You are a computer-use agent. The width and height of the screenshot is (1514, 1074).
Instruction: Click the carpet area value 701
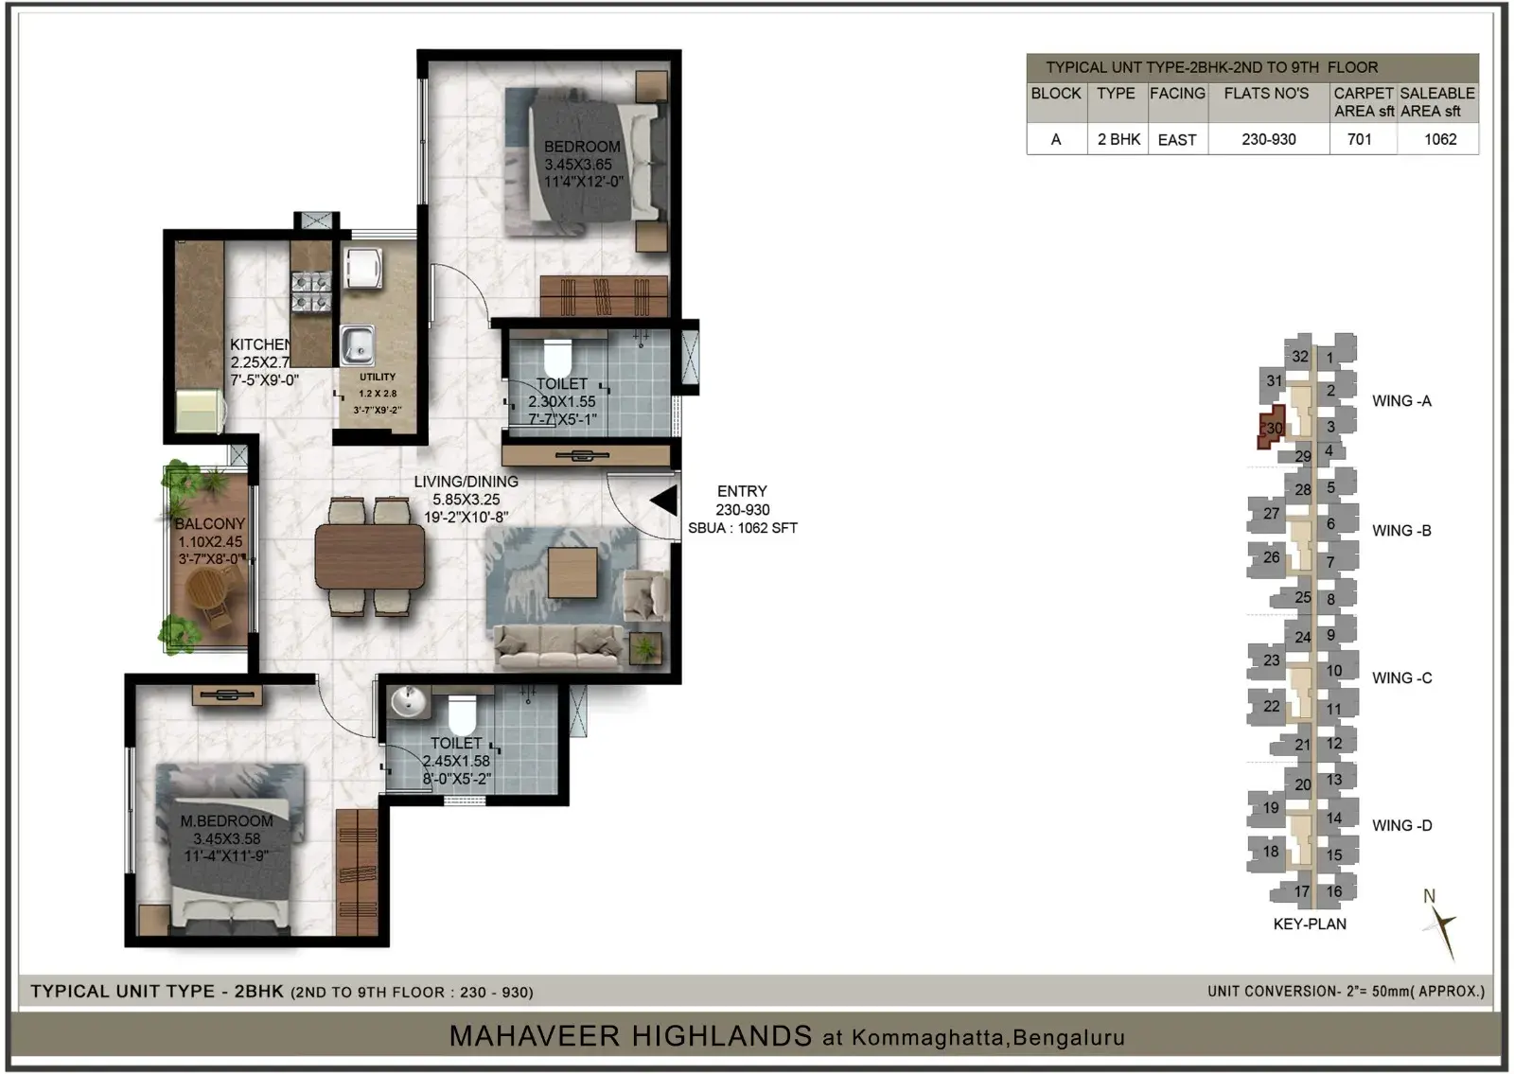point(1359,140)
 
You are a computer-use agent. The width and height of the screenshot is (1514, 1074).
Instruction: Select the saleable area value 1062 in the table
point(1439,140)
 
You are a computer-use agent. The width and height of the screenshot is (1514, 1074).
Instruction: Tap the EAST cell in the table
point(1177,140)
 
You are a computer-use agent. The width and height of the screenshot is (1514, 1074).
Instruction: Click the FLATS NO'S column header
point(1266,94)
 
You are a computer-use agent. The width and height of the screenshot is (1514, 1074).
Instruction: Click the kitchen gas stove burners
point(311,291)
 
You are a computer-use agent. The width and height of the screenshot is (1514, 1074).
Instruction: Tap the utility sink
point(358,345)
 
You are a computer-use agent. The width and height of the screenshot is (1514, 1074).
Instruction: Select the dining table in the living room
point(370,557)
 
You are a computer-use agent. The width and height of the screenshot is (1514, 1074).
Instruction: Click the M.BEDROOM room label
point(226,820)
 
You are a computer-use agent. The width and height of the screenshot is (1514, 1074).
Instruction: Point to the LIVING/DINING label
point(466,482)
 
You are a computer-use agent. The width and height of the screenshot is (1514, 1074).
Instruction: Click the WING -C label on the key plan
point(1401,678)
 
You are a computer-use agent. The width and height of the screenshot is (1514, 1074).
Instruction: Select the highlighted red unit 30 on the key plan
point(1272,427)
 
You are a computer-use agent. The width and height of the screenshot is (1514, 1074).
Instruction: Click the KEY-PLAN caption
point(1310,924)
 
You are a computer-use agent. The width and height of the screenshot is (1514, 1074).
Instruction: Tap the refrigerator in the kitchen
point(200,411)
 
